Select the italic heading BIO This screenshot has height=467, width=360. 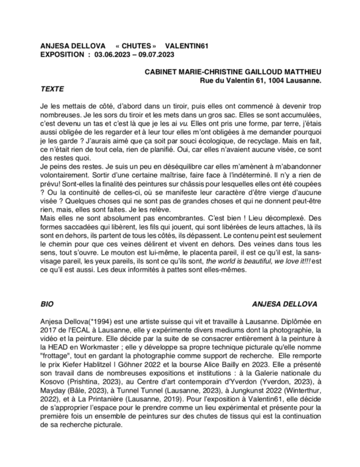click(48, 304)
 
